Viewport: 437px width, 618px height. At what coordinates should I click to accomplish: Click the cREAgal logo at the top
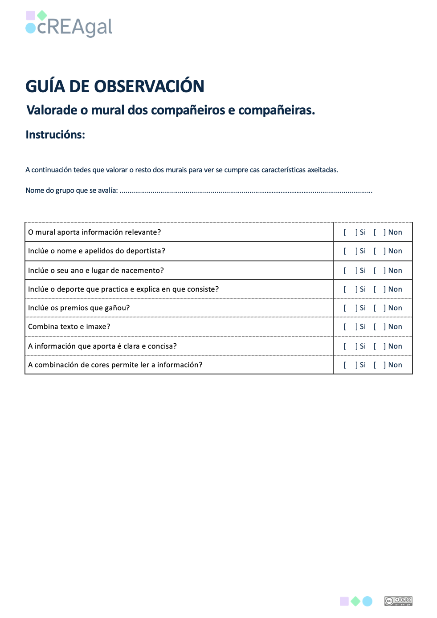point(69,24)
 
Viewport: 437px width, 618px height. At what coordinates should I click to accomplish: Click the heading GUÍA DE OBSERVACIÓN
point(115,86)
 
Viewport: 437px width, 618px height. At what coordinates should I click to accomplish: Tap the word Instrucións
point(55,135)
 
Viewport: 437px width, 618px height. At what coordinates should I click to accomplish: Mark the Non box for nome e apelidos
point(379,251)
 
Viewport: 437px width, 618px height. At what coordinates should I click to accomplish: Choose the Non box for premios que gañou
point(379,308)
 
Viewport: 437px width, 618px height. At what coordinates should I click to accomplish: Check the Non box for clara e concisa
point(379,346)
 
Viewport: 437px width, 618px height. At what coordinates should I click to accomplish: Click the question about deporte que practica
point(123,289)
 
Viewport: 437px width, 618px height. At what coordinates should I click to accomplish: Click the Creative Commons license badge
point(398,601)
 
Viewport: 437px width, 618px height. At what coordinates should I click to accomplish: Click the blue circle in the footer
point(368,602)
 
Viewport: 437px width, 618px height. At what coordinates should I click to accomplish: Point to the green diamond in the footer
point(355,602)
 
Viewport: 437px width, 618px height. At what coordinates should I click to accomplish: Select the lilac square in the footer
point(344,602)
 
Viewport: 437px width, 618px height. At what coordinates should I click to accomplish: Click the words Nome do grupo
point(49,191)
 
